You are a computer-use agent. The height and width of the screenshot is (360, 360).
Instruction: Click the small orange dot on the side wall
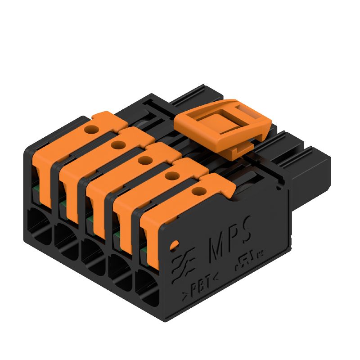click(174, 246)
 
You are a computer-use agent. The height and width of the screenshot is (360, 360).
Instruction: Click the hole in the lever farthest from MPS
click(92, 130)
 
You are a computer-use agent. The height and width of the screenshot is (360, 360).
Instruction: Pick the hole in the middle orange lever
click(144, 160)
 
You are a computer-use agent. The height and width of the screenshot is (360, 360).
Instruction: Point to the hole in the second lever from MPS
click(171, 176)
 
